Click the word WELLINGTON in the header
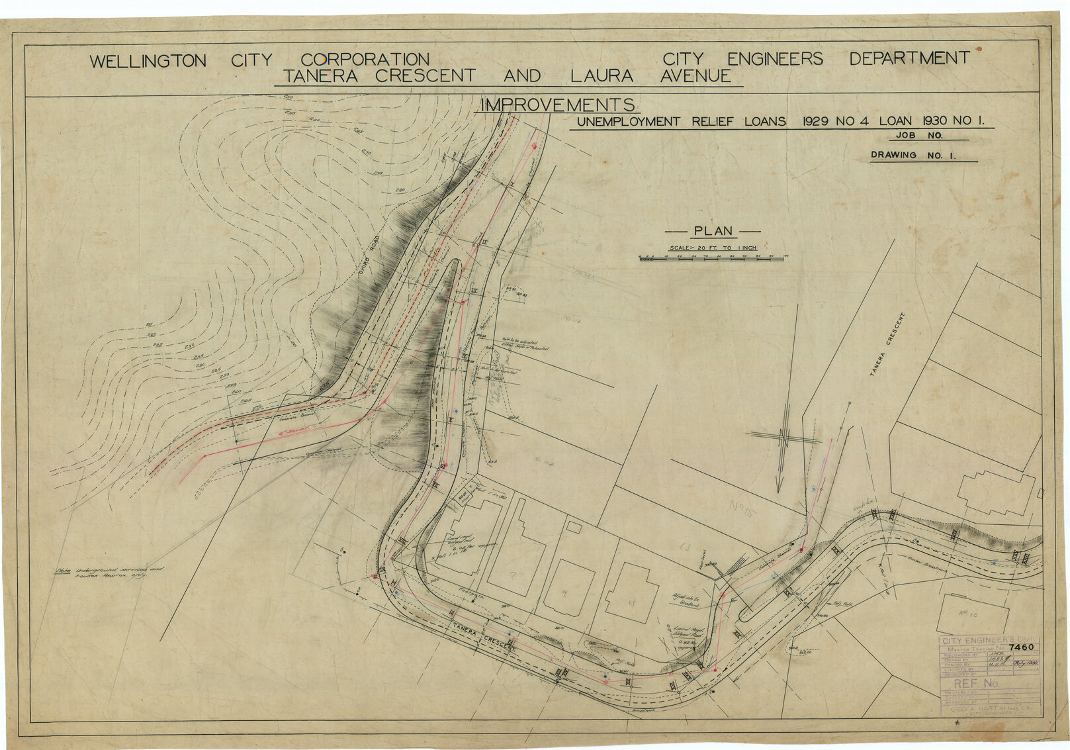(148, 62)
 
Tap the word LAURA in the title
(602, 76)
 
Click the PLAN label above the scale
(713, 231)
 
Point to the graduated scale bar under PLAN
(711, 259)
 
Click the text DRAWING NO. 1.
(913, 156)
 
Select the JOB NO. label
(919, 135)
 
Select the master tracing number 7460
(1022, 647)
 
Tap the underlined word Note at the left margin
(64, 570)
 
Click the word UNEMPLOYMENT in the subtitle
(628, 122)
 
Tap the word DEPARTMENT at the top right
(909, 58)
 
